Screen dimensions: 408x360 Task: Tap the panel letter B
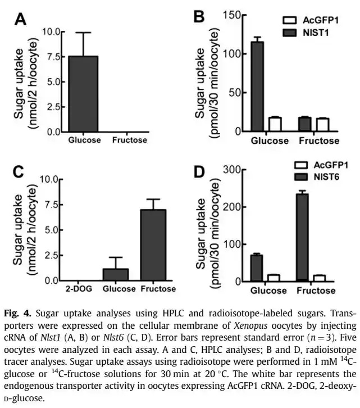click(x=198, y=17)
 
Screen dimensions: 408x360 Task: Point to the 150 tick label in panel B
click(x=231, y=15)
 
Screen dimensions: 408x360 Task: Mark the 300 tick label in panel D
click(x=231, y=170)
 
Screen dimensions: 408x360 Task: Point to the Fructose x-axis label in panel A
click(x=129, y=140)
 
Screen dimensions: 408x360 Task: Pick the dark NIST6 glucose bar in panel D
click(x=257, y=268)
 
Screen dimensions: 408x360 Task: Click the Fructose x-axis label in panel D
click(x=317, y=291)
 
